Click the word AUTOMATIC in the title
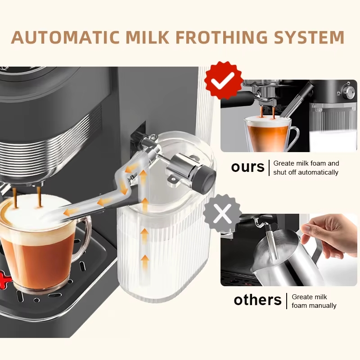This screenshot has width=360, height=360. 65,37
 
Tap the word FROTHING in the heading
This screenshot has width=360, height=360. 222,37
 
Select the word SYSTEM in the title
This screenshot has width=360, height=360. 309,37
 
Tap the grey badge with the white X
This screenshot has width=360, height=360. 222,213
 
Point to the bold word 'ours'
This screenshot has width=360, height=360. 248,167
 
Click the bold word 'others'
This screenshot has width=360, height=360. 257,300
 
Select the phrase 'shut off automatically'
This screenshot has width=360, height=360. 306,172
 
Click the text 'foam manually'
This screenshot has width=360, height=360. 314,306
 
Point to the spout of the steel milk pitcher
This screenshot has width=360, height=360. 255,269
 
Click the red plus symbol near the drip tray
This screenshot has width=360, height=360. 4,279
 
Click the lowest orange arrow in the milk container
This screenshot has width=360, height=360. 144,262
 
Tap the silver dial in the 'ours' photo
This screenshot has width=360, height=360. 348,93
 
